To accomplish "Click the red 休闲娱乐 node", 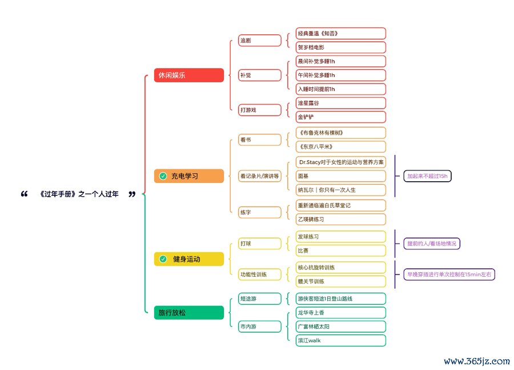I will coord(188,75).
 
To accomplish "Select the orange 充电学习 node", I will coord(188,176).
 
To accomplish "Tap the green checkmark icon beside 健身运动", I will coord(163,259).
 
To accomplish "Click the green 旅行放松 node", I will coord(188,313).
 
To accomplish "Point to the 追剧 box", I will coord(260,41).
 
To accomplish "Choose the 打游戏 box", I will coord(260,110).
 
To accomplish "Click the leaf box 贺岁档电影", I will coord(341,47).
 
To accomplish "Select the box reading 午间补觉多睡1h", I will coord(341,75).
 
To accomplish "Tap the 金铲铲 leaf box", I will coord(341,117).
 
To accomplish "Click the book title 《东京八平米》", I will coord(341,147).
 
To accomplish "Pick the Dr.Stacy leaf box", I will coord(341,162).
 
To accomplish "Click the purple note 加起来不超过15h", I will coord(427,176).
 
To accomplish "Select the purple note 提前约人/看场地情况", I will coord(432,244).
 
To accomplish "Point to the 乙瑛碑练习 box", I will coord(341,219).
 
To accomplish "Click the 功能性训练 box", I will coord(260,274).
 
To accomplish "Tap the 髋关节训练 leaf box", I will coord(341,281).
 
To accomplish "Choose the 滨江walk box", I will coord(341,340).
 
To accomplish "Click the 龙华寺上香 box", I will coord(341,313).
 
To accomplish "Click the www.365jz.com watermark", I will coord(476,361).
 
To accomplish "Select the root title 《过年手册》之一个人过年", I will coord(79,194).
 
